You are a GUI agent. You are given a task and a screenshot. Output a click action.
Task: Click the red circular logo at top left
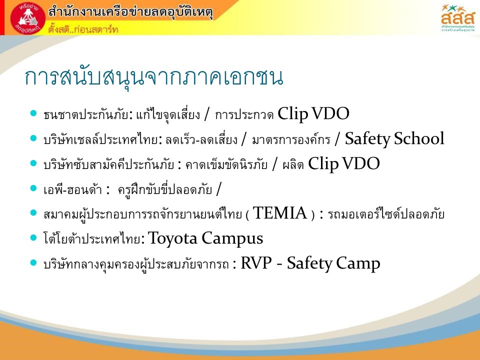pos(28,18)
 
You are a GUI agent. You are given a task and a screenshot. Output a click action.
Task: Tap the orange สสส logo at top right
pos(457,18)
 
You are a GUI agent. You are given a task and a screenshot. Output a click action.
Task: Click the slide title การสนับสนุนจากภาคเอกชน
pos(153,76)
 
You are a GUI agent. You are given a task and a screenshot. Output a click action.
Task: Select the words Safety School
pos(394,138)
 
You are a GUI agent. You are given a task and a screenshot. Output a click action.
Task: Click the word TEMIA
pos(280,213)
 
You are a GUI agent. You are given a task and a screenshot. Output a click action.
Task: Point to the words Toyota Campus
pos(205,238)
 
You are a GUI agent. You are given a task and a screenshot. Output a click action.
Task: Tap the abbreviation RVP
pos(256,263)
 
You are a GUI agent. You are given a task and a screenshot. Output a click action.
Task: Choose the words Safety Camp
pos(333,263)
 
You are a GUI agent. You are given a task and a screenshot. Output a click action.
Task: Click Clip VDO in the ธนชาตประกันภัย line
pos(313,114)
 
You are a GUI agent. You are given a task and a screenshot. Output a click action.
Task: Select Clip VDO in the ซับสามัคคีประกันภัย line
pos(344,163)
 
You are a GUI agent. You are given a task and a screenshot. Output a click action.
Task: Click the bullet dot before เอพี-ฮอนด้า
pos(33,188)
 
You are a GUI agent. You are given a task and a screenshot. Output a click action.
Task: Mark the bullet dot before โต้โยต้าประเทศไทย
pos(33,237)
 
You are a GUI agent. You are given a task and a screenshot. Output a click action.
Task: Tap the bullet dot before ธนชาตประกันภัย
pos(33,113)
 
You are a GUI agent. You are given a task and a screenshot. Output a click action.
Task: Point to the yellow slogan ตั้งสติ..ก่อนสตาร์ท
pos(83,29)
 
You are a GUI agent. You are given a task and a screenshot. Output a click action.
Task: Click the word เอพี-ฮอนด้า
pos(72,189)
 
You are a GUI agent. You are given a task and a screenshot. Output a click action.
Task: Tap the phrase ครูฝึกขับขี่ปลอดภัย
pos(165,189)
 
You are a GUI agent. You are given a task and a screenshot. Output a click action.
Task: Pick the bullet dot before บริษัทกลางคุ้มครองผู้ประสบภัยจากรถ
pos(33,262)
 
